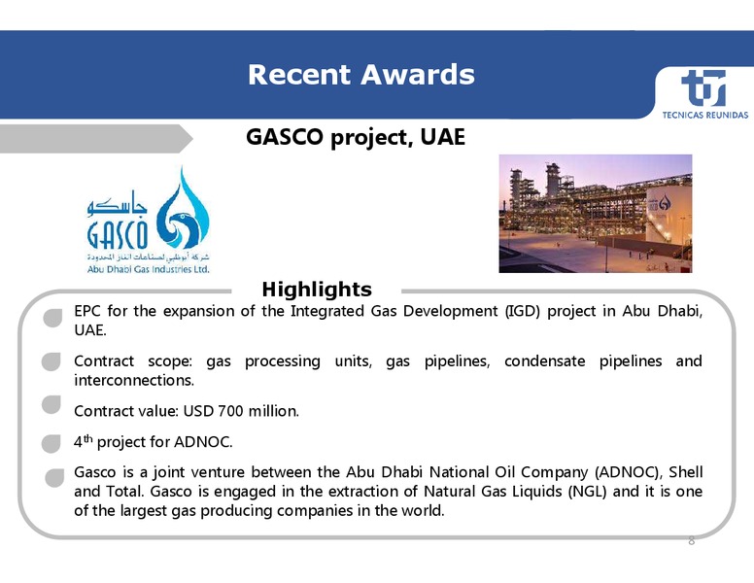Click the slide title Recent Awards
[361, 75]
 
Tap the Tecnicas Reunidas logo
[704, 94]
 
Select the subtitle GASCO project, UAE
[356, 137]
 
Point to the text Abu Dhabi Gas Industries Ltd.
[148, 269]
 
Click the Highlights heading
[317, 290]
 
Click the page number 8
[692, 541]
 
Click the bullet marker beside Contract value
[51, 404]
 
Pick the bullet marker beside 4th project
[51, 443]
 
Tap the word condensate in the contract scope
[544, 361]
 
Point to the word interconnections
[134, 381]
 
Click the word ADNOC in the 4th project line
[203, 442]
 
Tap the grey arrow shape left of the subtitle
[96, 139]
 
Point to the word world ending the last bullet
[425, 510]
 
